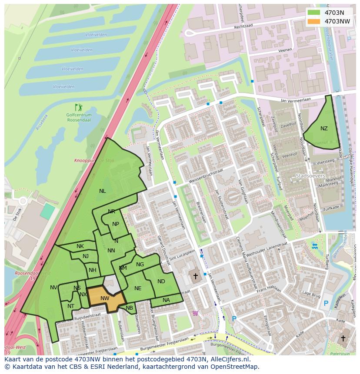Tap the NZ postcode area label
click(324, 128)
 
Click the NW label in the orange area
click(105, 298)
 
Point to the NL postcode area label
click(102, 191)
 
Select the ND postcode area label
click(161, 281)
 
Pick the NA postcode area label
click(166, 300)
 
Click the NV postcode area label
click(53, 288)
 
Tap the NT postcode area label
click(71, 306)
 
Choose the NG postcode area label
click(140, 264)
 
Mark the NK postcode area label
click(80, 246)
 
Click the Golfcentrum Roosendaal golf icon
click(78, 107)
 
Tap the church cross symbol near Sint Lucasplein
click(195, 275)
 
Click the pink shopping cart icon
click(195, 313)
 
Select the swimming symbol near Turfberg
click(314, 246)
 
